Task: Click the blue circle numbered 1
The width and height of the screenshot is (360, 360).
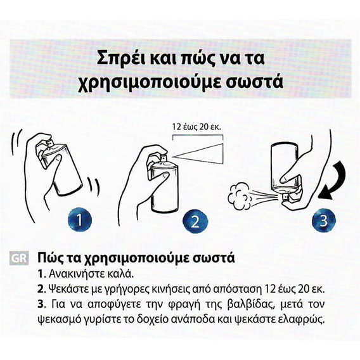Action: [80, 220]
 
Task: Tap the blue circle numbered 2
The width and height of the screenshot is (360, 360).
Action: [195, 221]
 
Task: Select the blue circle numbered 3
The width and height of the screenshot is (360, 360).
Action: [323, 221]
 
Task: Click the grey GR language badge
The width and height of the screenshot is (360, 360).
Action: [19, 259]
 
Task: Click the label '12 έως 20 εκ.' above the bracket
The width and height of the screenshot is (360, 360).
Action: [196, 127]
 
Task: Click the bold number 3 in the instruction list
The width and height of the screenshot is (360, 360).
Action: [41, 305]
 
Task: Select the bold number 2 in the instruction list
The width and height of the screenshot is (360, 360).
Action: [41, 290]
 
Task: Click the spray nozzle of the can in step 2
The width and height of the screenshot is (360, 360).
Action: [164, 157]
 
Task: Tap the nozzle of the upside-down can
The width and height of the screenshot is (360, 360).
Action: [285, 196]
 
